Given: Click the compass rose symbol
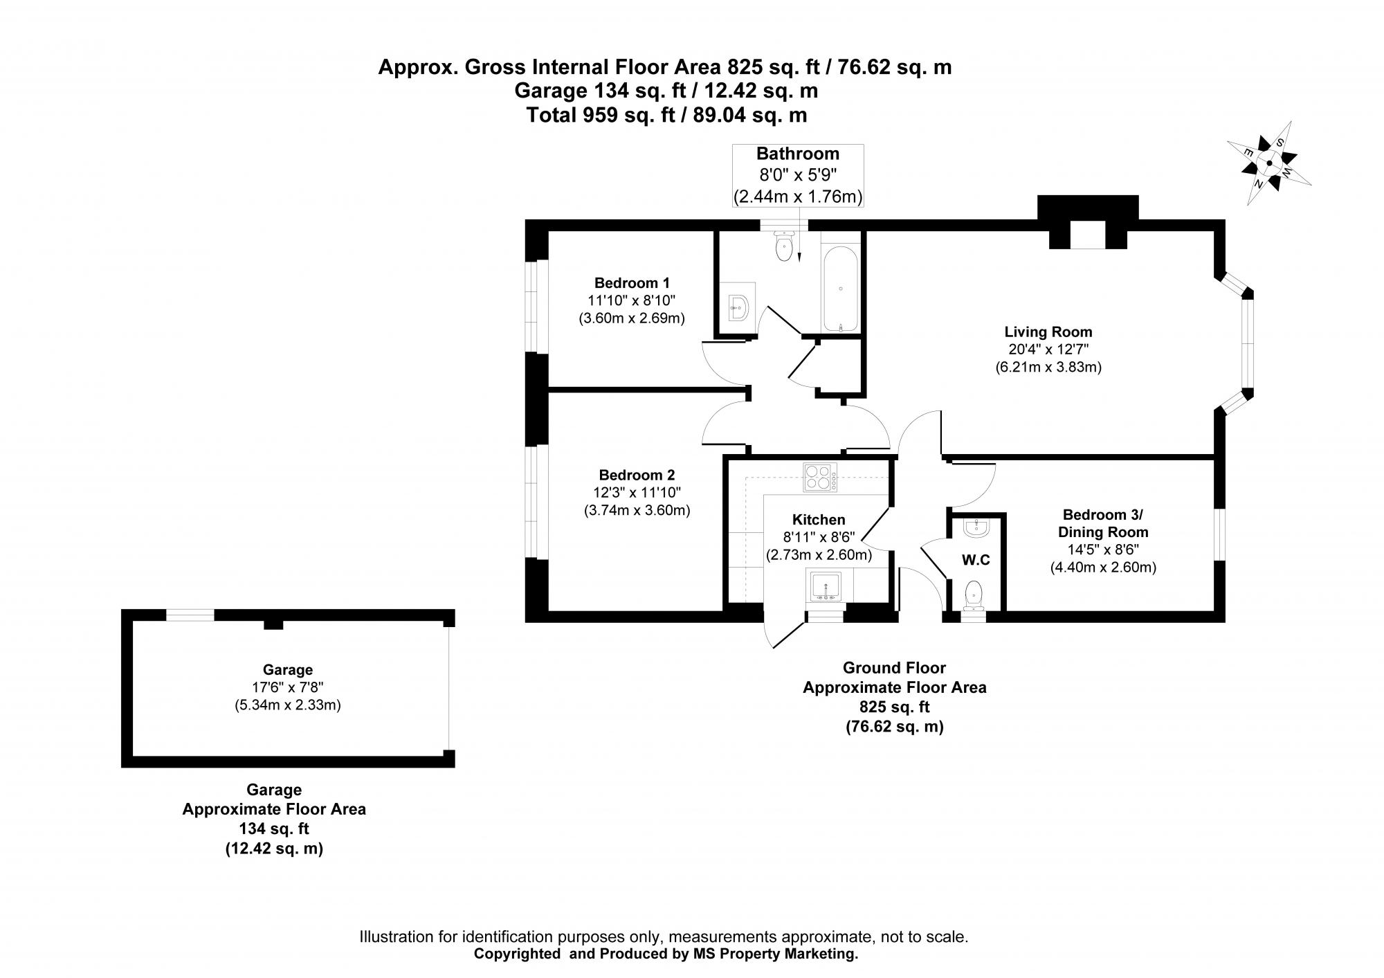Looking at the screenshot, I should click(x=1269, y=163).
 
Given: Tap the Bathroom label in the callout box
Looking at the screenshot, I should click(x=797, y=154).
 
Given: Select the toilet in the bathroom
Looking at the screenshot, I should click(x=783, y=247).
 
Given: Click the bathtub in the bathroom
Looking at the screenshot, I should click(x=840, y=291).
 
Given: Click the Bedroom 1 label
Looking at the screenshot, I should click(x=632, y=282).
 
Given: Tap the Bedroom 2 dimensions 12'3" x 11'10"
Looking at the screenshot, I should click(x=637, y=493).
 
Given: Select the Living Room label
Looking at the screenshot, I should click(x=1048, y=332).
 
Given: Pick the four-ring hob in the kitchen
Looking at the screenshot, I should click(x=820, y=478).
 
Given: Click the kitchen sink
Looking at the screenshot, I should click(x=826, y=586).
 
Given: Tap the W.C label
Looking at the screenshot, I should click(x=976, y=559).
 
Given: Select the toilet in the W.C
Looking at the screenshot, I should click(x=974, y=595).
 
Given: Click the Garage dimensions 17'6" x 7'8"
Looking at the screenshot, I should click(x=287, y=687).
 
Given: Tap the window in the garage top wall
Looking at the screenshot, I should click(x=190, y=615).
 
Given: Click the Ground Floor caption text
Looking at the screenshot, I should click(x=893, y=668).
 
